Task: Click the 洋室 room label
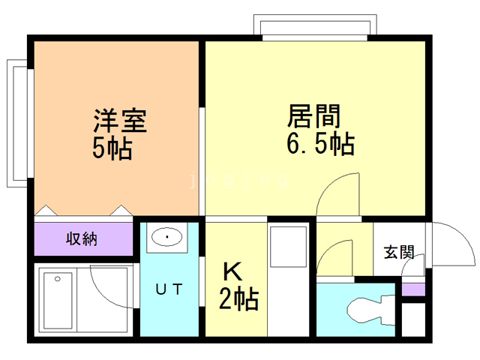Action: (119, 120)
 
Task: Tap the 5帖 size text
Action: (112, 147)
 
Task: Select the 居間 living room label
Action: (314, 115)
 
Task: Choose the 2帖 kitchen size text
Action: (238, 299)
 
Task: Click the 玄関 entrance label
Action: (400, 252)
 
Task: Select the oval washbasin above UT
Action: (167, 238)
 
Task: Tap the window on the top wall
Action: (315, 28)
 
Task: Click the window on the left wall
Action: (17, 124)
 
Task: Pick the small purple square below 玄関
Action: (412, 289)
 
